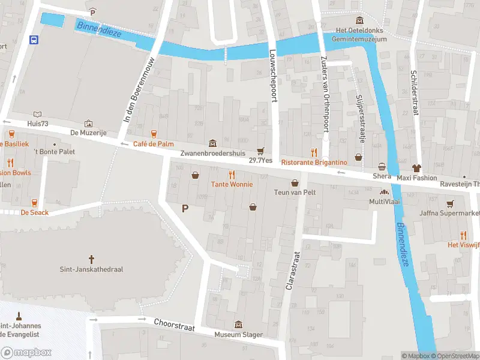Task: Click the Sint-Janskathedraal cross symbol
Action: [92, 259]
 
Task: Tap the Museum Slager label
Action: [239, 334]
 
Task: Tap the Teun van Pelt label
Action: [295, 192]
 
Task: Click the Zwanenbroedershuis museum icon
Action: [212, 143]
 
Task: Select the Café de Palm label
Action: [153, 144]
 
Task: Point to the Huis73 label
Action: [37, 124]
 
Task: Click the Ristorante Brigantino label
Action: [314, 163]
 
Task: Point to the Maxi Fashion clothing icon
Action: [418, 168]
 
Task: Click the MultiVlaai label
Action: [385, 202]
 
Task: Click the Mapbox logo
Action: [27, 352]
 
